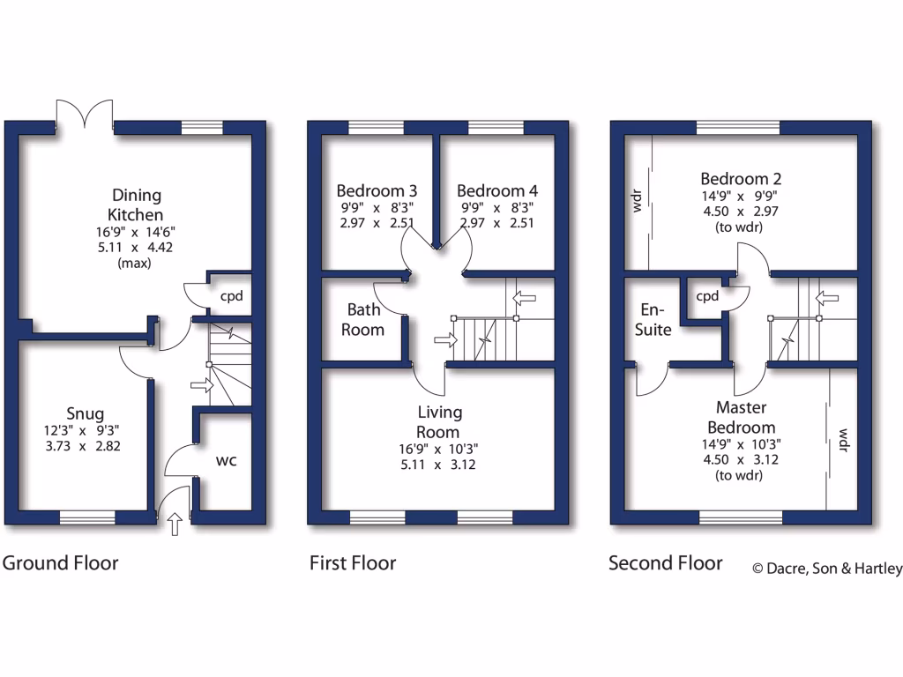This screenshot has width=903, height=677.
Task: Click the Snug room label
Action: pos(85,413)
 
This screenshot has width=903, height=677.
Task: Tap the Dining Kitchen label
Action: pos(136,205)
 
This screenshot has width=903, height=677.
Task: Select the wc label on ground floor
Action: pos(227,460)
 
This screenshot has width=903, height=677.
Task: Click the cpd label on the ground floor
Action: pos(231,295)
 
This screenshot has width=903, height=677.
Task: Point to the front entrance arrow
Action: pos(174,524)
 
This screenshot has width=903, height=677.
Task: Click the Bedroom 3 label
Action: pos(377,190)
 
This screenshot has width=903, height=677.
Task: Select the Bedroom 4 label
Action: pos(497,190)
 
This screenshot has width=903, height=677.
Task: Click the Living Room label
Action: pos(439,422)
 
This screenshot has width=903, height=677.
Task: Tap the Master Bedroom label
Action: pos(741,418)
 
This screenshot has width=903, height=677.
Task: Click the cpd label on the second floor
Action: pos(707,296)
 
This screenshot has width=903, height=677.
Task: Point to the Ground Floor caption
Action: pos(60,562)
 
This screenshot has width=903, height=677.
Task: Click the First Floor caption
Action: pos(353,562)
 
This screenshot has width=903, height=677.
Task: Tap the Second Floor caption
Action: pos(666,562)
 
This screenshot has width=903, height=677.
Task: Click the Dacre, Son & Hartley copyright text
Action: pos(826,569)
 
